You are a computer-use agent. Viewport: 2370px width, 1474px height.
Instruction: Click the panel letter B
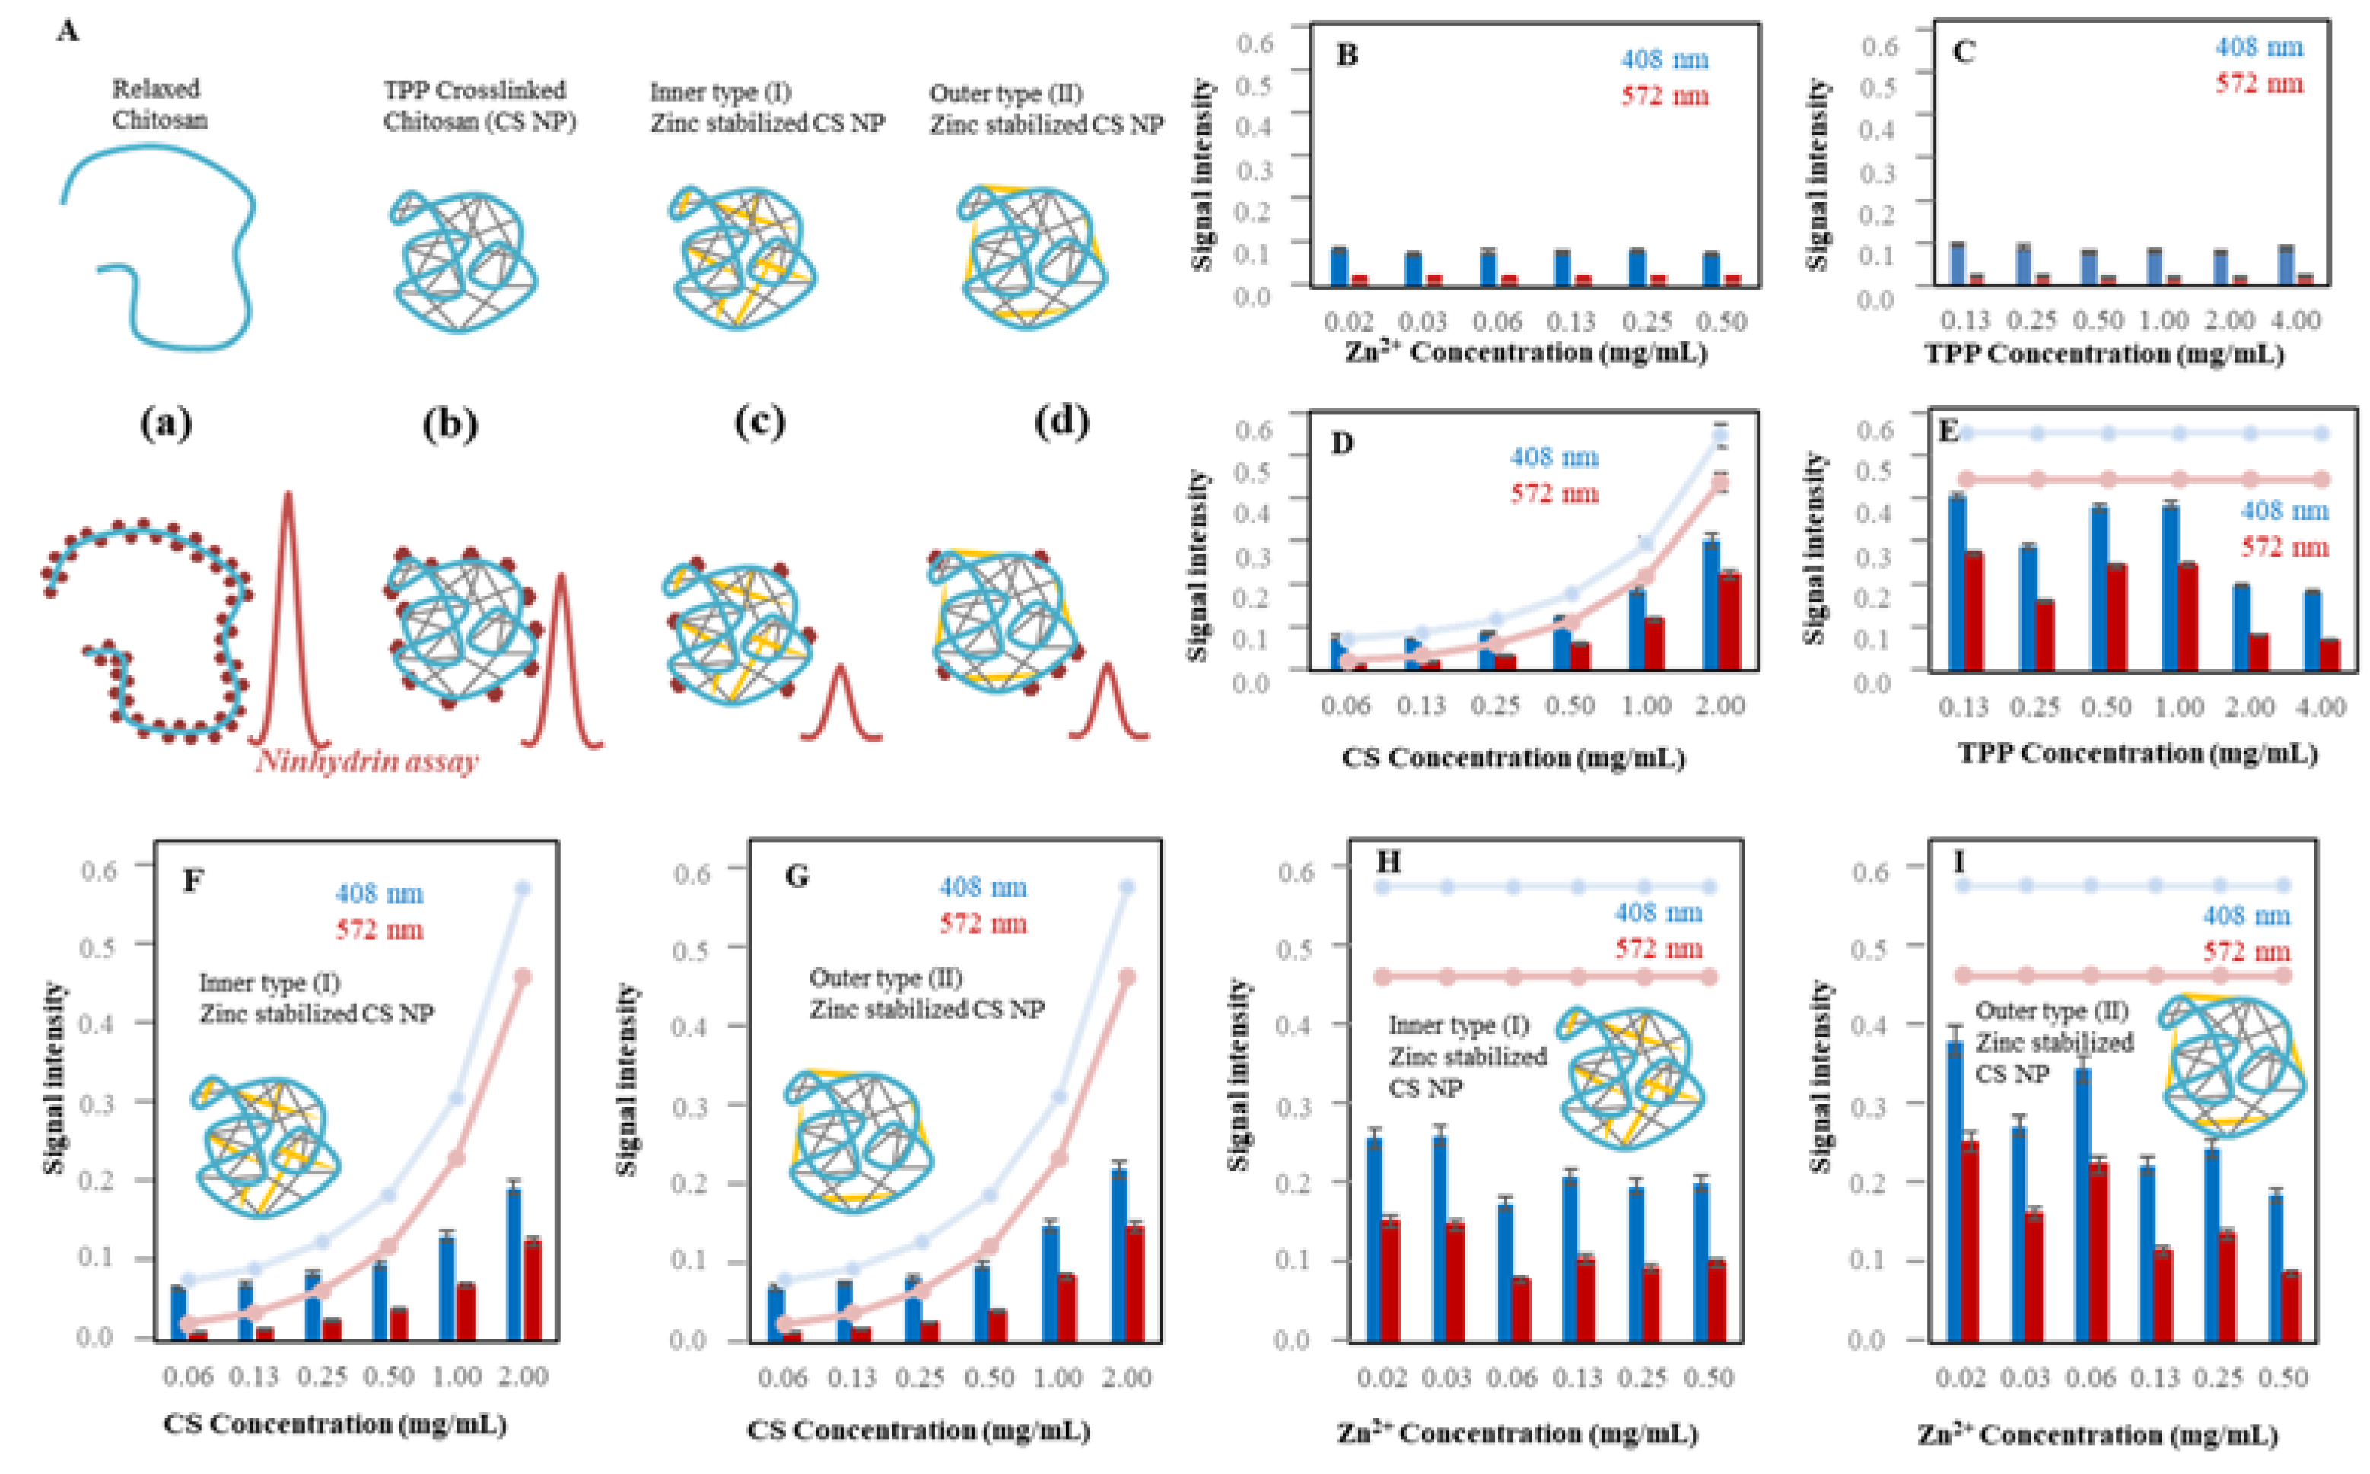[x=1347, y=56]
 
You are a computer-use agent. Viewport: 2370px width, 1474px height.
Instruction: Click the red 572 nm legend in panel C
[x=2259, y=84]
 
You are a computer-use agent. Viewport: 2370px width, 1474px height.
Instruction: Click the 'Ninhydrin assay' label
[x=367, y=761]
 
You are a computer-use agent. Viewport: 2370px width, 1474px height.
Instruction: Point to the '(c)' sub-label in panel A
[x=759, y=422]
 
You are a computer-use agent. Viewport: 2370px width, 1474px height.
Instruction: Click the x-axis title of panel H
[x=1517, y=1434]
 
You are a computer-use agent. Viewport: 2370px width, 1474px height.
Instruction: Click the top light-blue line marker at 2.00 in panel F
[x=523, y=888]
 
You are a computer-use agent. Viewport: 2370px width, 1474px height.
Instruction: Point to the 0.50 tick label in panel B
[x=1721, y=322]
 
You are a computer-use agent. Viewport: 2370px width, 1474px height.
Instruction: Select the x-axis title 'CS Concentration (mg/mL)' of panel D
[x=1513, y=758]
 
